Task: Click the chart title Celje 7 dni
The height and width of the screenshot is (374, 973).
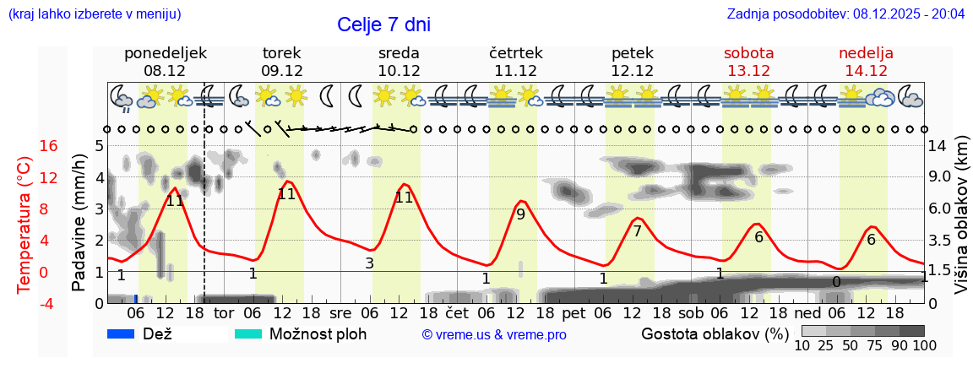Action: click(x=383, y=24)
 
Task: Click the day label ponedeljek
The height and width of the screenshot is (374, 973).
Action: click(x=165, y=53)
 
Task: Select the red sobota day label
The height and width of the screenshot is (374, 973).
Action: click(x=748, y=53)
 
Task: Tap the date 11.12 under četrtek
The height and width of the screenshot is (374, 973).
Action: click(x=515, y=70)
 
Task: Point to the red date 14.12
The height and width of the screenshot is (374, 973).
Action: click(x=866, y=70)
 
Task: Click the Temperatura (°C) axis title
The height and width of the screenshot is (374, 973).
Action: click(x=24, y=224)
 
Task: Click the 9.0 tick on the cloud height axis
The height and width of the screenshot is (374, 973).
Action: click(x=941, y=177)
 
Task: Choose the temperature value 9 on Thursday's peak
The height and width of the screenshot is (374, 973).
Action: click(x=520, y=214)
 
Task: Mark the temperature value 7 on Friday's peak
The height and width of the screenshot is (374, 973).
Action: click(x=637, y=230)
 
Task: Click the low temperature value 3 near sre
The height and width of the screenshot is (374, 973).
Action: click(x=369, y=263)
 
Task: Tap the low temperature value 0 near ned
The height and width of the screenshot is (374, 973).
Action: click(x=836, y=282)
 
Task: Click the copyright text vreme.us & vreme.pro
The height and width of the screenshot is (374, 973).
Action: click(x=494, y=334)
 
